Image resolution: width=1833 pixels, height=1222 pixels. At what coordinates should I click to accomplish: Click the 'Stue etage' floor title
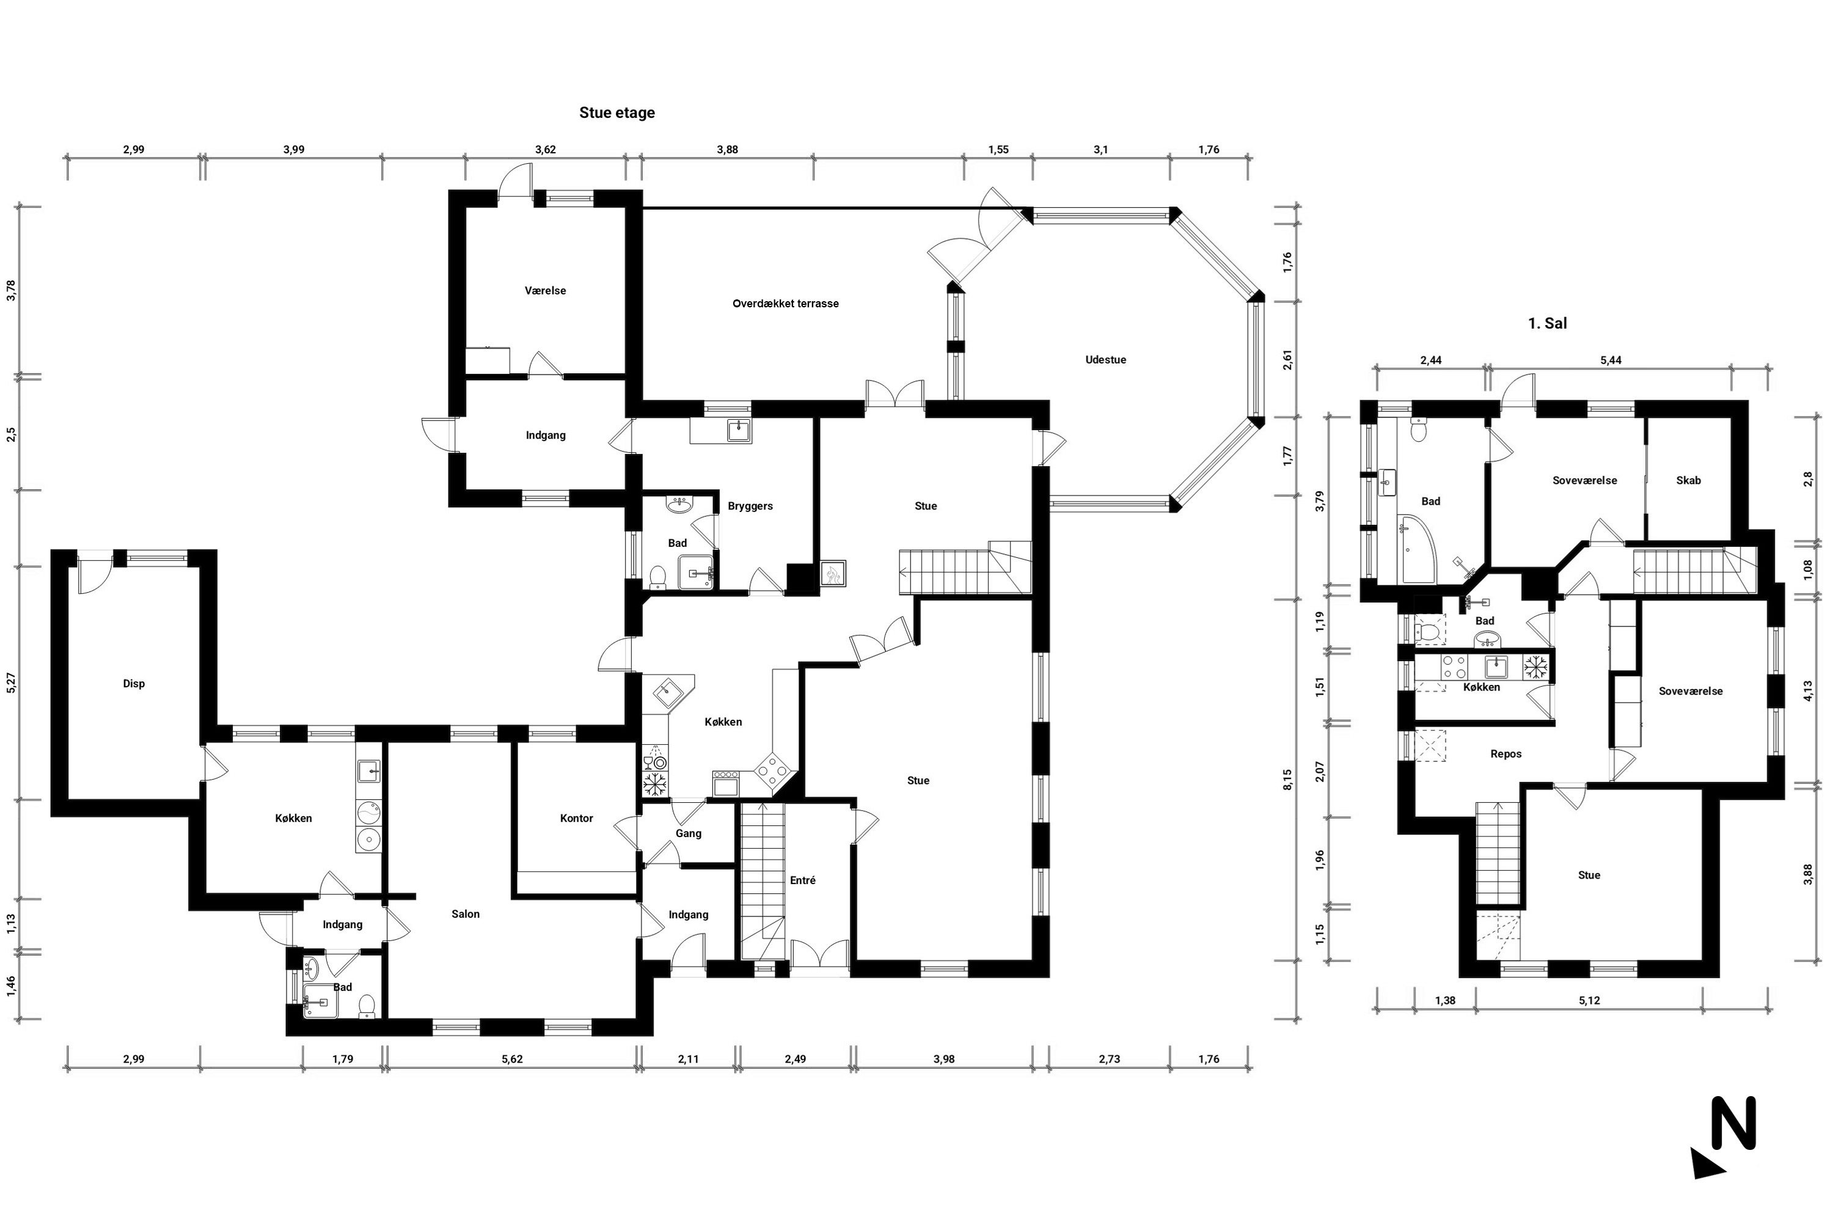(x=616, y=113)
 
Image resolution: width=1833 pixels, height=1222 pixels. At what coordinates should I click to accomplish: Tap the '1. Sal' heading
(x=1547, y=323)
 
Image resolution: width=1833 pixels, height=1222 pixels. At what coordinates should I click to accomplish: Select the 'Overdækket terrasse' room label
(x=786, y=304)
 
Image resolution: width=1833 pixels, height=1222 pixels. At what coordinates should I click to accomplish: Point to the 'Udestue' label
(x=1105, y=360)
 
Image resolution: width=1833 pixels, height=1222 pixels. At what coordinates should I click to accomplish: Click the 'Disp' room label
(x=133, y=684)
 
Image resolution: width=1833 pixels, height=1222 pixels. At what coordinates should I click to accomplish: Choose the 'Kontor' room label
(x=576, y=818)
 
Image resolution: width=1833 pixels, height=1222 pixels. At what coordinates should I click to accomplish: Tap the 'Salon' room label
(x=465, y=914)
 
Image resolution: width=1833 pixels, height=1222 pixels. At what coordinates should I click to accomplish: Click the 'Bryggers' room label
(x=750, y=507)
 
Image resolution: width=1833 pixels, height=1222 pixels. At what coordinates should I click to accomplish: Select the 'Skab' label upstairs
(x=1688, y=481)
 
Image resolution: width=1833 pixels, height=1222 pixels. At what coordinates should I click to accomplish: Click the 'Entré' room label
(x=803, y=880)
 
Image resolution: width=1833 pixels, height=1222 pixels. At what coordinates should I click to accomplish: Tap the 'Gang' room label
(x=688, y=834)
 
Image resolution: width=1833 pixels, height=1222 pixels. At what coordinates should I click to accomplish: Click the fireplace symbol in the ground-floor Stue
(x=832, y=574)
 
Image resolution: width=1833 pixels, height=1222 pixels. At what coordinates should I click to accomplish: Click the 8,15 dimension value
(x=1287, y=780)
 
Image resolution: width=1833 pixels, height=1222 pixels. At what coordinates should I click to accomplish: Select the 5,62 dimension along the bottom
(x=511, y=1059)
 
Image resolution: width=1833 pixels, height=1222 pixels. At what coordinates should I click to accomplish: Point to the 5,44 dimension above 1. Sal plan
(x=1610, y=360)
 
